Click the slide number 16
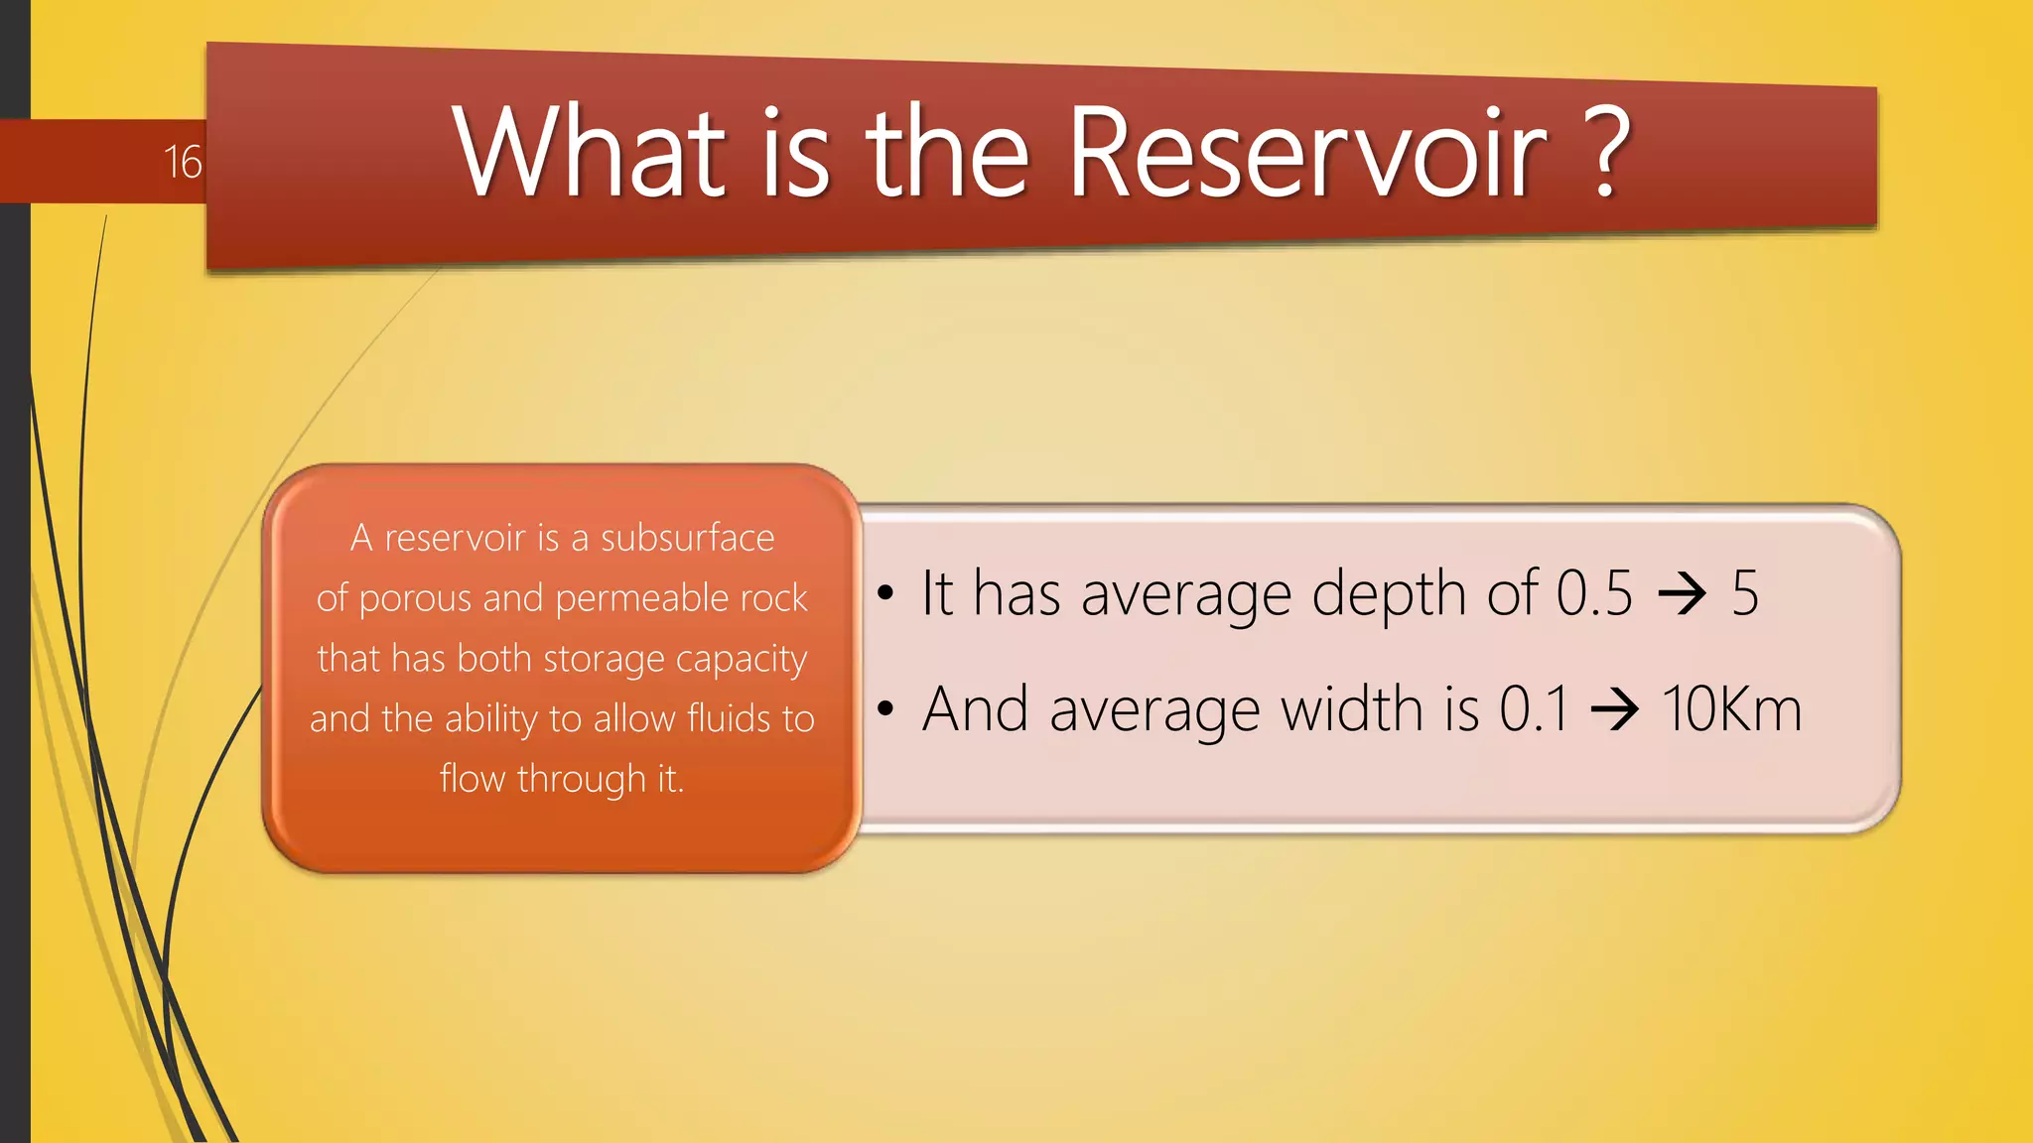[183, 162]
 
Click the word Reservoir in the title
[1306, 154]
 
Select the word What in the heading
[590, 154]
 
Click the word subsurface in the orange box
[687, 538]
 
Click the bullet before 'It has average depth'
[885, 593]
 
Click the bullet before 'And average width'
[885, 709]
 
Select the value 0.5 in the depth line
[1593, 593]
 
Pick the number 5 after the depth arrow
[1744, 593]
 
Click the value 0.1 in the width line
[1534, 709]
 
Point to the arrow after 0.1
[1614, 711]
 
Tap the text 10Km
[1731, 709]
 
